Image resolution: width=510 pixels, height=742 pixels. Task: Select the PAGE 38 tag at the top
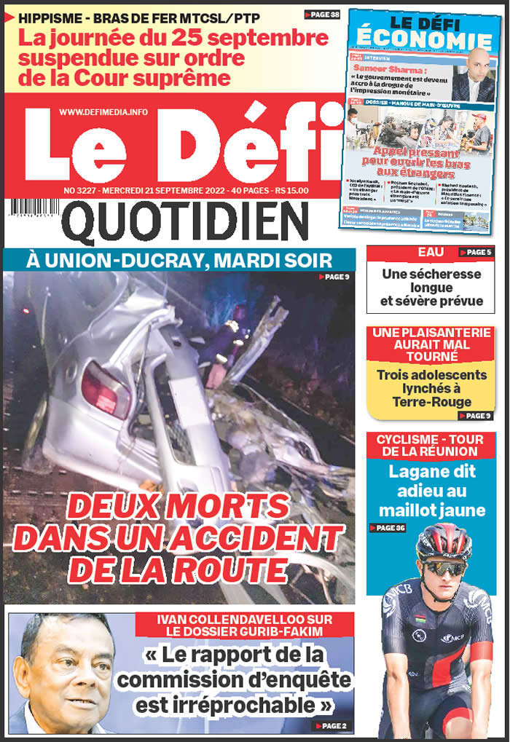click(321, 15)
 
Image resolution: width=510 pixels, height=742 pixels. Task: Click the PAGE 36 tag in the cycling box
click(388, 528)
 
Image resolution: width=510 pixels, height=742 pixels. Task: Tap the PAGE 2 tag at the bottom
click(331, 726)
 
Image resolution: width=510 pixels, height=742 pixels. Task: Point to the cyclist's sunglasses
click(444, 567)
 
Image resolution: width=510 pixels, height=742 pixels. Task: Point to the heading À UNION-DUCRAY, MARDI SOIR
click(178, 259)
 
